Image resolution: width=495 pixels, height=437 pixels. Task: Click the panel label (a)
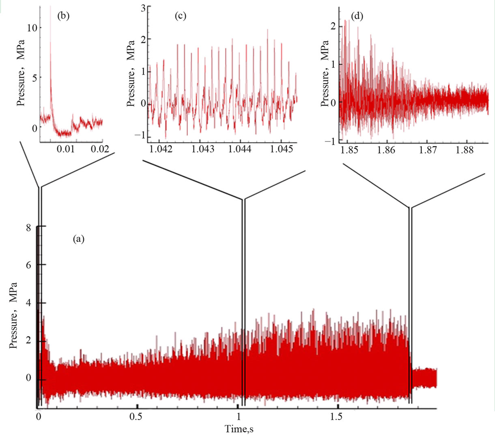[78, 240]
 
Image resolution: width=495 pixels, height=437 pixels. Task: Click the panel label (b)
[64, 16]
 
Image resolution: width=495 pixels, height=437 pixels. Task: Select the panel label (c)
[180, 16]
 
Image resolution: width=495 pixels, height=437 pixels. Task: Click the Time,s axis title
[240, 428]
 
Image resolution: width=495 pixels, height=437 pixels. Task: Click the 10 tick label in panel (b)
[32, 28]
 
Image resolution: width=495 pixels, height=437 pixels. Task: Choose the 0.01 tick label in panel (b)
[65, 150]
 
